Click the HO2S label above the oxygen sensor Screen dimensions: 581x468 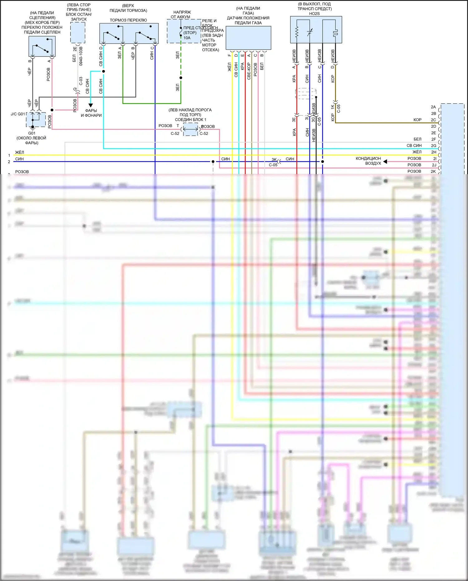coord(314,13)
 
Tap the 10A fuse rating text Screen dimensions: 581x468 coord(187,38)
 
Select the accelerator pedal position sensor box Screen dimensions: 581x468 coord(248,38)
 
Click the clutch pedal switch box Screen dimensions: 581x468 coord(42,46)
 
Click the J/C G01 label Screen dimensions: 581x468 coord(17,114)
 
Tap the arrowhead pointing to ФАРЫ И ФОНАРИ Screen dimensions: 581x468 coord(90,106)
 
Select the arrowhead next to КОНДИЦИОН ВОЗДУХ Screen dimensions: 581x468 coord(385,161)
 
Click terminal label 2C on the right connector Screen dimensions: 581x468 coord(433,120)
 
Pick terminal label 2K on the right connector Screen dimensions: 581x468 coord(433,171)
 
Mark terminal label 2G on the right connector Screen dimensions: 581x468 coord(433,145)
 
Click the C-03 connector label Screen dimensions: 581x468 coord(81,81)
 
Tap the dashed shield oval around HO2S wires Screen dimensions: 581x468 coord(306,93)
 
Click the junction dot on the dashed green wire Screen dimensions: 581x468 coord(181,78)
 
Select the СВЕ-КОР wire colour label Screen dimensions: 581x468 coord(249,71)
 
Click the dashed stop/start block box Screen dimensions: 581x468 coord(78,32)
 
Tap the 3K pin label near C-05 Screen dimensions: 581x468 coord(274,160)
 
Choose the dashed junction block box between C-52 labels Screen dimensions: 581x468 coord(190,129)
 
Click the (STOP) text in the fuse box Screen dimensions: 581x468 coord(190,33)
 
